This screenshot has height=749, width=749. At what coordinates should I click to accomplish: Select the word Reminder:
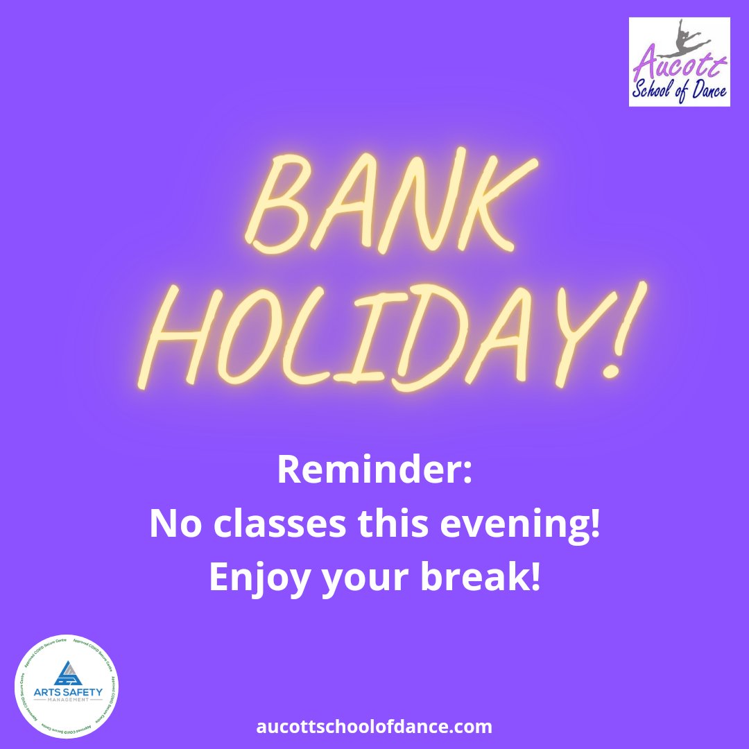click(374, 471)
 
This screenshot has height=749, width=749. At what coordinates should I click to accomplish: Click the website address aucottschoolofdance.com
click(374, 727)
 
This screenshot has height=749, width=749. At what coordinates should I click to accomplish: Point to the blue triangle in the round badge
click(67, 672)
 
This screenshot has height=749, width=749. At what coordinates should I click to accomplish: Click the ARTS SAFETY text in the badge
click(67, 691)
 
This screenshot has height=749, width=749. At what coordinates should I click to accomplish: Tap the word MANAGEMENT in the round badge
click(67, 700)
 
